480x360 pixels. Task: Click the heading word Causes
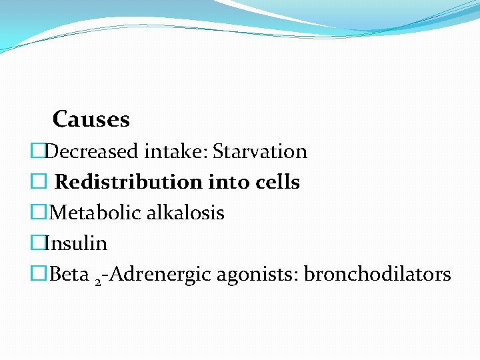point(91,119)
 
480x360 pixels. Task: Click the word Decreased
point(93,151)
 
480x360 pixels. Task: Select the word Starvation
point(261,151)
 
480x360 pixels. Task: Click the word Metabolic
point(90,213)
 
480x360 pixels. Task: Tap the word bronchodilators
point(377,274)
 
